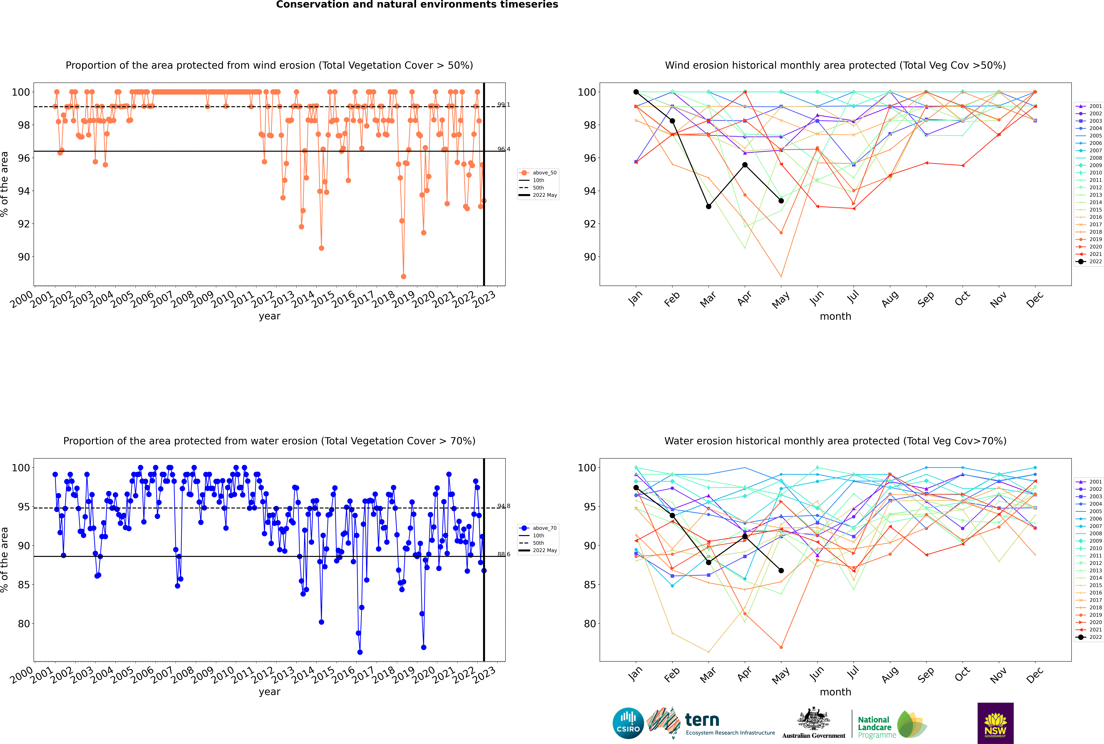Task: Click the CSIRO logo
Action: tap(628, 723)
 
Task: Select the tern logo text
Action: tap(702, 720)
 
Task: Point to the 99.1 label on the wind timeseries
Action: tap(504, 105)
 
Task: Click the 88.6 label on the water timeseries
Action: tap(504, 554)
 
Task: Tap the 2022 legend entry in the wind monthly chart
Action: tap(1089, 261)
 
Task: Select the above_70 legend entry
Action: tap(538, 528)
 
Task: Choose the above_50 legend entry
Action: tap(538, 173)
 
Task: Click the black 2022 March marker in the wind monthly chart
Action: tap(709, 206)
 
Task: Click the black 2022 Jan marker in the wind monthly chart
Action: tap(636, 92)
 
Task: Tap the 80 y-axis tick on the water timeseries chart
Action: tap(24, 624)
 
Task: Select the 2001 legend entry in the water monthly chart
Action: tap(1089, 482)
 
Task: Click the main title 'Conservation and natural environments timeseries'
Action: tap(417, 5)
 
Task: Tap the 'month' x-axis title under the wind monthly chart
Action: tap(835, 317)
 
